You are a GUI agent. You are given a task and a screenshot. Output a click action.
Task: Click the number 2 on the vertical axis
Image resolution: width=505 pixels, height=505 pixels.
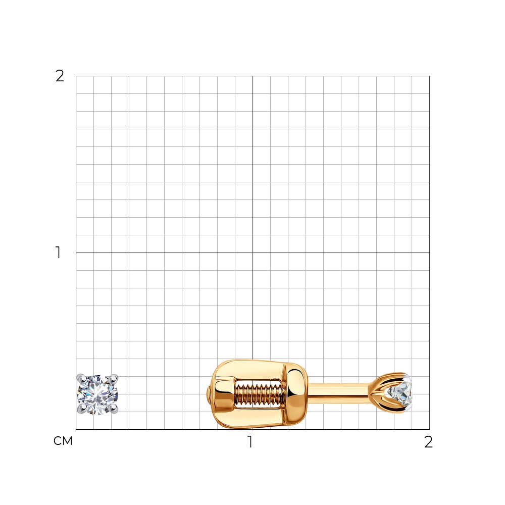(x=60, y=76)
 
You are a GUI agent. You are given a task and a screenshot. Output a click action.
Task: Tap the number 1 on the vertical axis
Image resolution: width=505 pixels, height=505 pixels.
(x=58, y=252)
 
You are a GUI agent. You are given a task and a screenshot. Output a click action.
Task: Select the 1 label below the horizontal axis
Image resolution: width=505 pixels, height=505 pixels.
(x=250, y=442)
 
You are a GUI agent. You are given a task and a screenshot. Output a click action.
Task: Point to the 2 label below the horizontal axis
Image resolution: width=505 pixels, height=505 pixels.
(x=428, y=442)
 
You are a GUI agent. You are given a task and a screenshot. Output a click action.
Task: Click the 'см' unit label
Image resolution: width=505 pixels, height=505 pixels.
(x=63, y=441)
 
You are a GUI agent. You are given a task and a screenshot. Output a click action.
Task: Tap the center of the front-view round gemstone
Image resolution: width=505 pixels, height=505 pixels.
(x=97, y=394)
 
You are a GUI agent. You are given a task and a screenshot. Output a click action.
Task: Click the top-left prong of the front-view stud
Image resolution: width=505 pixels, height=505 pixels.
(x=80, y=378)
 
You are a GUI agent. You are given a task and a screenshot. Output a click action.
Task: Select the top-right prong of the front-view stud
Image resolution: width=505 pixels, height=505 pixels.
(x=114, y=378)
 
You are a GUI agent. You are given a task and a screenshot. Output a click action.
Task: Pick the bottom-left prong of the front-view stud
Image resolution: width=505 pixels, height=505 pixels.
(x=81, y=410)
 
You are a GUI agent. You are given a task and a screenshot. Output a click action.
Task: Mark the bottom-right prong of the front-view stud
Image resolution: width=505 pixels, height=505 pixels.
(x=114, y=410)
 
